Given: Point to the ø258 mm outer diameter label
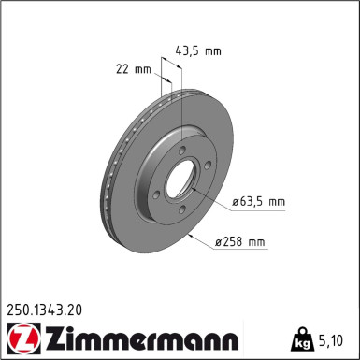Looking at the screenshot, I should pos(239,243).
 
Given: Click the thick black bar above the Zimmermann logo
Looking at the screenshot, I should pos(122,320).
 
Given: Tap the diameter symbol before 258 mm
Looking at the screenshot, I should pos(219,243).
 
